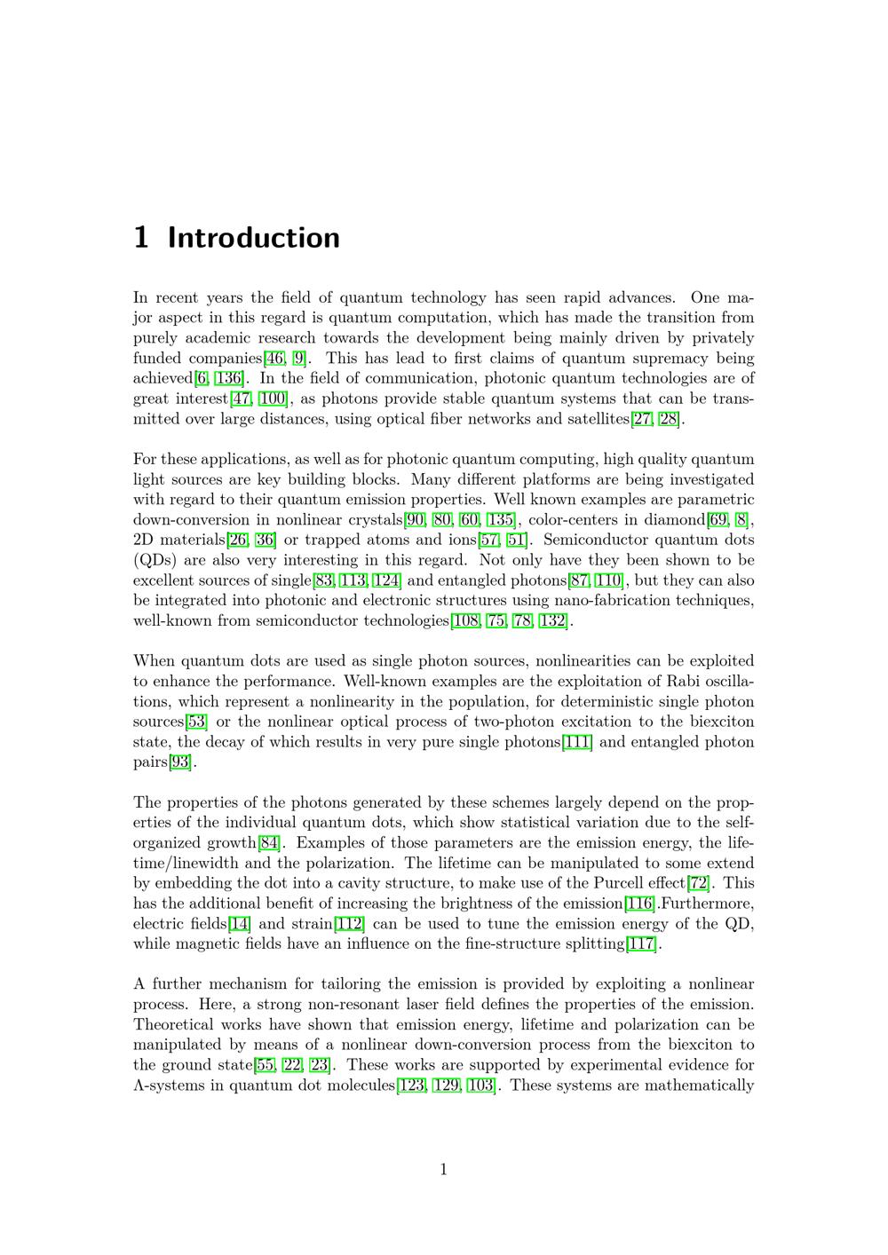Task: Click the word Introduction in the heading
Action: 253,238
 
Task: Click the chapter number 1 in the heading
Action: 140,238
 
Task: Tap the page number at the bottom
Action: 443,1169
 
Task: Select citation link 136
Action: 228,379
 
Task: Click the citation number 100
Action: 272,399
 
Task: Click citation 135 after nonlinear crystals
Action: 501,520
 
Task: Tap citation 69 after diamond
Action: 718,520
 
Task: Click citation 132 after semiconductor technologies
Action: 552,621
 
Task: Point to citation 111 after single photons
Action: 578,742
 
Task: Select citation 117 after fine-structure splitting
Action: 642,943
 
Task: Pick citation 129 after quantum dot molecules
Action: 446,1085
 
